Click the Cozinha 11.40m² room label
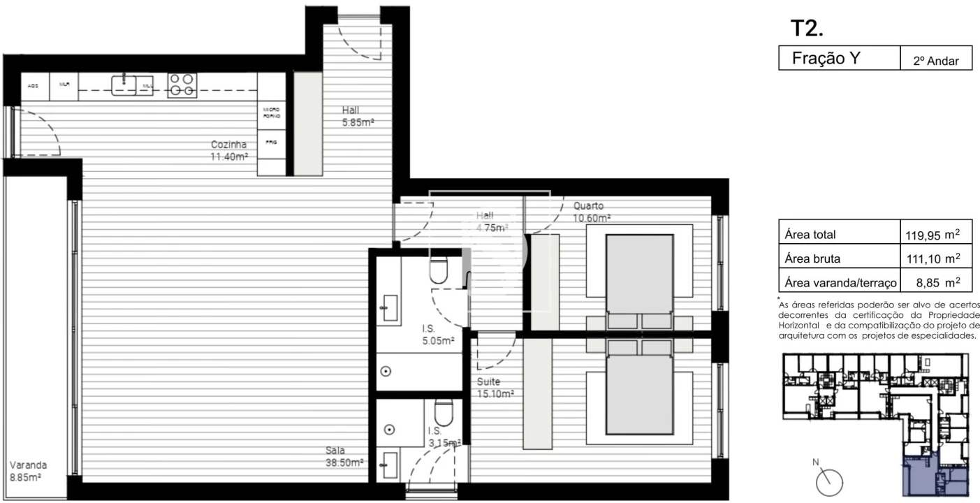tap(230, 150)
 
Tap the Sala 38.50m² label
tap(344, 457)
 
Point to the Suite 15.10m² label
tap(495, 388)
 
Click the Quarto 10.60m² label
tap(592, 212)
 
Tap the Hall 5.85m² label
tap(358, 116)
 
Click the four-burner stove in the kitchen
tap(182, 85)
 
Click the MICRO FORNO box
tap(272, 113)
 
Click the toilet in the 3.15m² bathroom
tap(444, 412)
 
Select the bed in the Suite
tap(639, 395)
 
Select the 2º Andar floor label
tap(936, 61)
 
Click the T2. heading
tap(807, 28)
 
